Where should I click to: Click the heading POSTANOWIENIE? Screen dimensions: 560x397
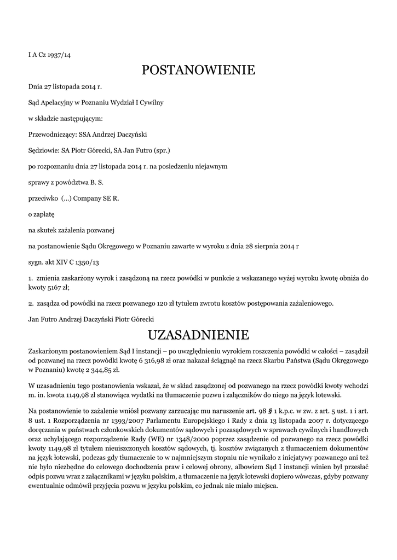[198, 70]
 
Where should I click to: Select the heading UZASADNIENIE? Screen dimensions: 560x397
[198, 334]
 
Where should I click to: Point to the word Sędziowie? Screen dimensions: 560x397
[43, 150]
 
